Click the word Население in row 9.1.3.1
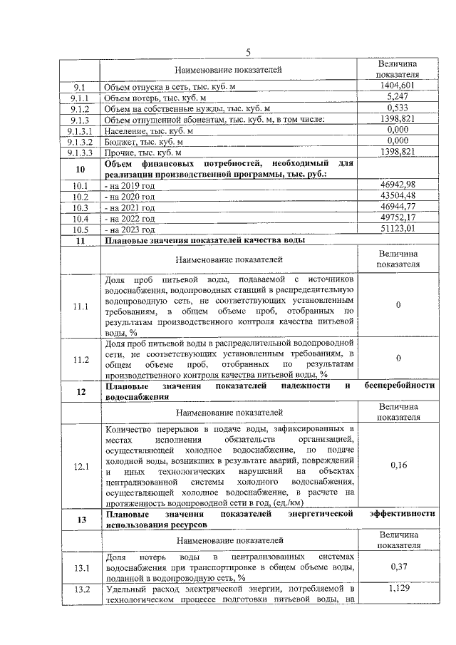point(123,130)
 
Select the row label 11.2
point(81,359)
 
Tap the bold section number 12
point(81,391)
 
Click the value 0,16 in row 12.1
point(398,466)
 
